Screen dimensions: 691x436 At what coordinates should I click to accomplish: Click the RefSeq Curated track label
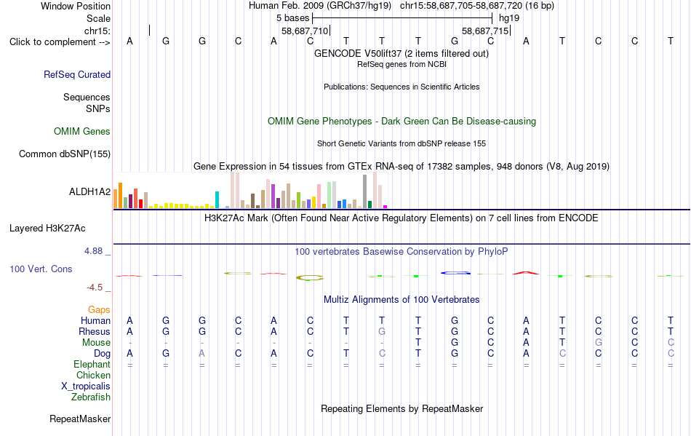[77, 74]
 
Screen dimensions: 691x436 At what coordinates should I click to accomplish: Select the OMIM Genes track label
[82, 131]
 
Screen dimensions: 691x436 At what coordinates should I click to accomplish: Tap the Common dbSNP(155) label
[65, 154]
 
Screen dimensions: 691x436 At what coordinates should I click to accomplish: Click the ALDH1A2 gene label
[90, 191]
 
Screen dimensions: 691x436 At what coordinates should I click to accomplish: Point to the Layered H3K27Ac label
[47, 229]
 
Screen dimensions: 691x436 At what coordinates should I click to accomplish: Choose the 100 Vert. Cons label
[41, 269]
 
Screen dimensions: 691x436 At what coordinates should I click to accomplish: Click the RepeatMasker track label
[80, 419]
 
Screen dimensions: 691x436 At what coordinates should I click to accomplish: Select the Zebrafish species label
[91, 397]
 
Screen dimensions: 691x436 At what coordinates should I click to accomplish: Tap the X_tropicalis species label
[86, 387]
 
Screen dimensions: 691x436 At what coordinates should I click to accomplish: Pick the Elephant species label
[92, 364]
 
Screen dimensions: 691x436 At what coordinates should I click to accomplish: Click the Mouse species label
[97, 343]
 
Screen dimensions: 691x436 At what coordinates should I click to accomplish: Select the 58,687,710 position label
[305, 31]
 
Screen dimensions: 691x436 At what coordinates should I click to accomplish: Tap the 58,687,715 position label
[485, 31]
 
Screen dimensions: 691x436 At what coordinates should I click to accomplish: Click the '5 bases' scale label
[293, 18]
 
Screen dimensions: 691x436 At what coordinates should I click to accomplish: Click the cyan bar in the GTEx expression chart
[217, 199]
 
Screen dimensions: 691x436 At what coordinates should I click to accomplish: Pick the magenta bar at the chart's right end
[386, 206]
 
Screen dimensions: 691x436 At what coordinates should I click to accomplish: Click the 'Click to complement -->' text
[60, 42]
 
